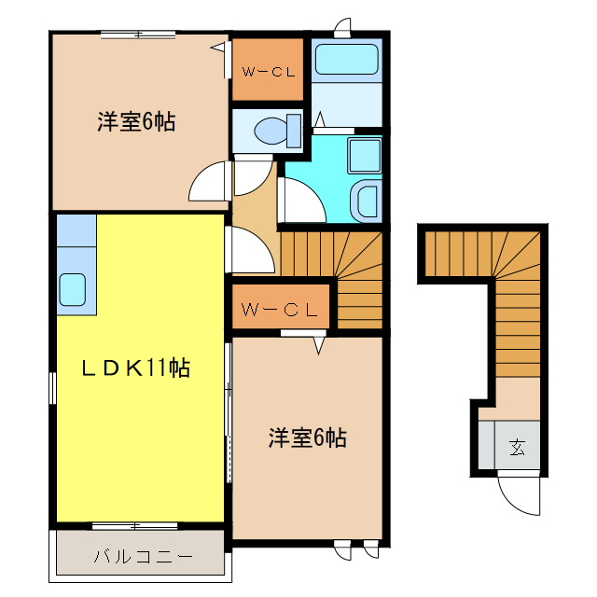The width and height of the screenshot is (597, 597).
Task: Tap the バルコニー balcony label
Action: (143, 558)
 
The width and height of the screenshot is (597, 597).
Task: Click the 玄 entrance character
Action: (516, 448)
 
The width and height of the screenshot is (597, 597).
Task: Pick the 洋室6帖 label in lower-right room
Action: (308, 437)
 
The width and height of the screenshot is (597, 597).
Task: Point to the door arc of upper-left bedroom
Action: (209, 181)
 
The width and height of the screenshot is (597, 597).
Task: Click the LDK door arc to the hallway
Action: (248, 250)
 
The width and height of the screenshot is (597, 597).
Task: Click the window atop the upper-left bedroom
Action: (138, 35)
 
